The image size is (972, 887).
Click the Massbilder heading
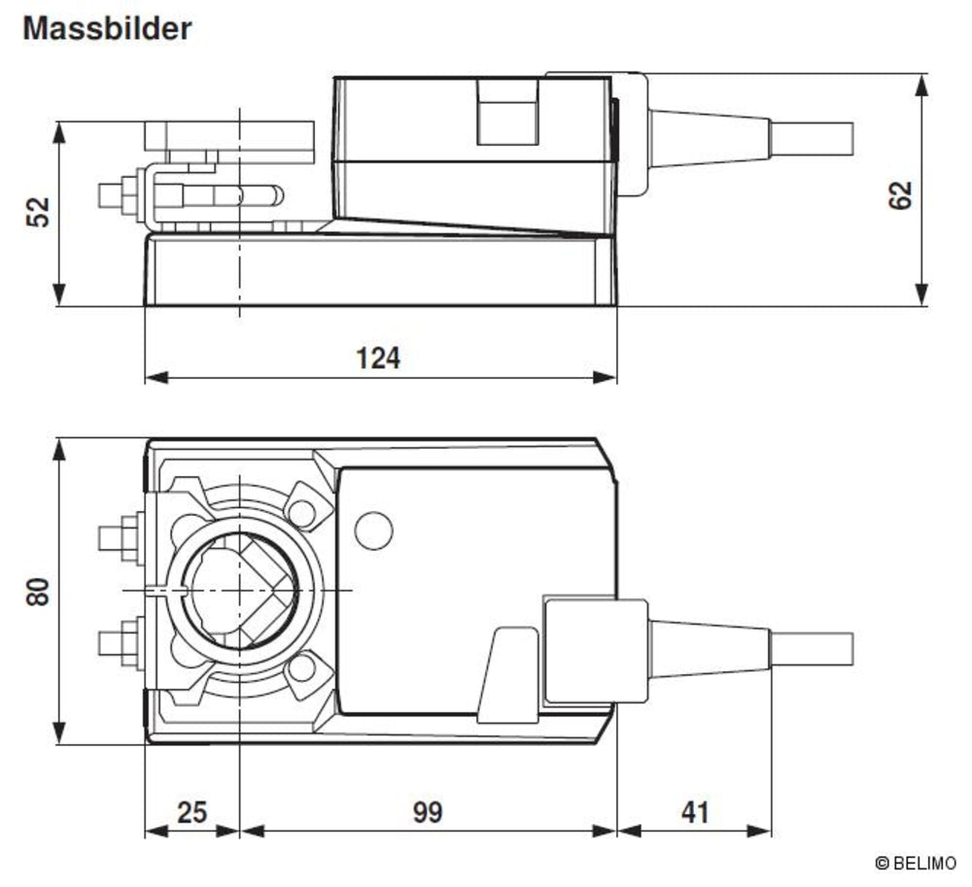point(107,28)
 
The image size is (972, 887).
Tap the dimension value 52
point(36,212)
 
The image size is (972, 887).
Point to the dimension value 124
point(378,358)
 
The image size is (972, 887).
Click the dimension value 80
point(37,592)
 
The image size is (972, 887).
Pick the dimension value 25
point(192,811)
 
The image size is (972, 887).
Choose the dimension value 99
point(427,811)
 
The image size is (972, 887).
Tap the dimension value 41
point(694,811)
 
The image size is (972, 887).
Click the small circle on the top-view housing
point(373,529)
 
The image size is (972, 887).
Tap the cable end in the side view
point(813,140)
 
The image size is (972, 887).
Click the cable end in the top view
point(813,649)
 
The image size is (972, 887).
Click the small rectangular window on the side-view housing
point(506,111)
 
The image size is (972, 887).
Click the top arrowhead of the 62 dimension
point(920,80)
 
